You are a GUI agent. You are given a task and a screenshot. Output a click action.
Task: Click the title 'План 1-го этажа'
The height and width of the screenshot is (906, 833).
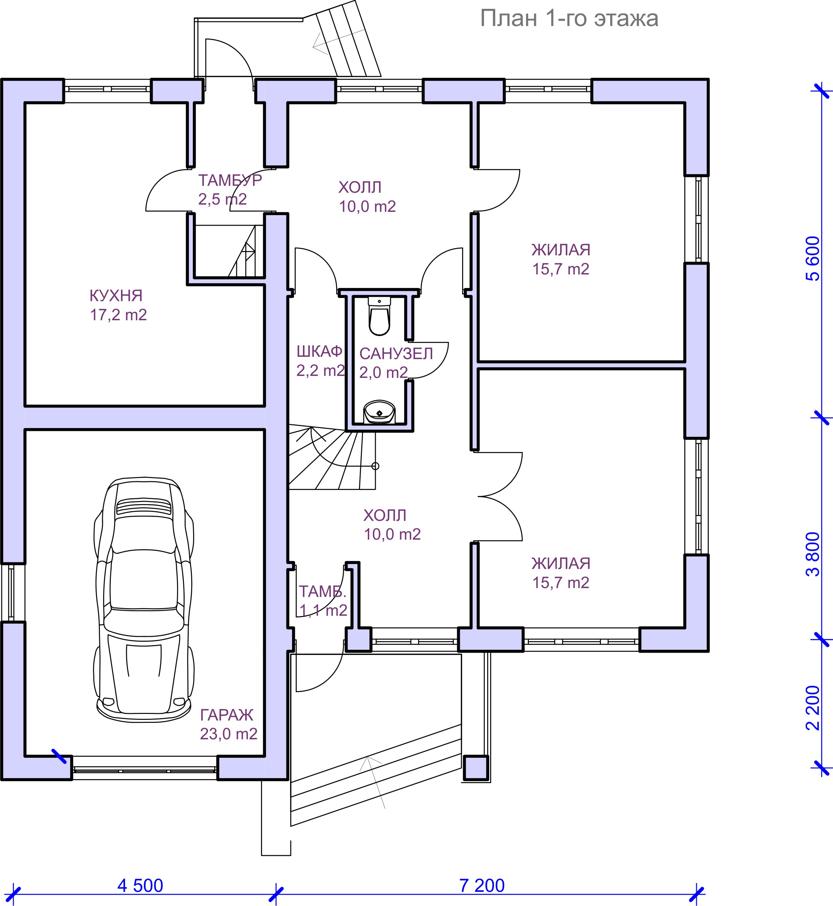tap(569, 19)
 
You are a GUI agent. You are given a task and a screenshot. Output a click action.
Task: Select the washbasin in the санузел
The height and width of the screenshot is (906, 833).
tap(379, 412)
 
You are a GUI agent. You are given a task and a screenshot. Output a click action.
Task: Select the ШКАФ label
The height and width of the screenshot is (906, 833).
tap(319, 352)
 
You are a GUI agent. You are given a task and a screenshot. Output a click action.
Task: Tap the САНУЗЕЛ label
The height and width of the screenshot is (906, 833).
tap(396, 354)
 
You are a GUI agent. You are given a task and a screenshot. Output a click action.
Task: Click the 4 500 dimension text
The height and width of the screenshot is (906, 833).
tap(140, 886)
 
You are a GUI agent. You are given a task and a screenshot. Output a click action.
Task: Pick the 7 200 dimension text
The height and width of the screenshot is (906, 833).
tap(482, 886)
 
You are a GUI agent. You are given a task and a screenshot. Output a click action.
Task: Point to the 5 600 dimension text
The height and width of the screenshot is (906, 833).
tap(813, 259)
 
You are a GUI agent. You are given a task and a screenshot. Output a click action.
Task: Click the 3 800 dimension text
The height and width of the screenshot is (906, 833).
tap(813, 554)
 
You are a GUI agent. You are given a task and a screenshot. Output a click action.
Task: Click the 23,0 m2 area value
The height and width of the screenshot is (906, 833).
tap(228, 734)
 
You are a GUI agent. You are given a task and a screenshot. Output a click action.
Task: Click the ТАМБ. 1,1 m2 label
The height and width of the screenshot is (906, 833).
tap(323, 601)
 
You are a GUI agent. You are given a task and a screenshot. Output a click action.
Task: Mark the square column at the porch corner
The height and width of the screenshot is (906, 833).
tap(476, 767)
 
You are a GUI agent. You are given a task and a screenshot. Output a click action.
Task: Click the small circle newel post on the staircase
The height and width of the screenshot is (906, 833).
tap(375, 466)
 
